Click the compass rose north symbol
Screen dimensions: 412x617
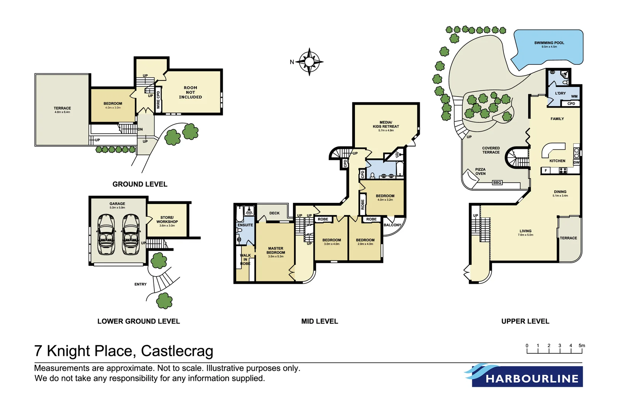pyautogui.click(x=309, y=61)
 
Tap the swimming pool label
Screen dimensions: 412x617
pyautogui.click(x=549, y=43)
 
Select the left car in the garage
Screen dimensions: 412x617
pyautogui.click(x=106, y=234)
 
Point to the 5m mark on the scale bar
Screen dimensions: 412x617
pyautogui.click(x=582, y=346)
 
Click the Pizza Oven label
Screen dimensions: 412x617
pyautogui.click(x=480, y=172)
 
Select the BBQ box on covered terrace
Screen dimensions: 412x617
pyautogui.click(x=497, y=183)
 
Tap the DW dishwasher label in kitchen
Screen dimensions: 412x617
pyautogui.click(x=576, y=163)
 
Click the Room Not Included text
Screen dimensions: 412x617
pyautogui.click(x=190, y=92)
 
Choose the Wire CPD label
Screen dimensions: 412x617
pyautogui.click(x=158, y=100)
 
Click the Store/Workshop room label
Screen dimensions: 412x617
pyautogui.click(x=167, y=220)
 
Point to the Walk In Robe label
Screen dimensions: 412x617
pyautogui.click(x=245, y=259)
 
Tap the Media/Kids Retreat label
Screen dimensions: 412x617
pyautogui.click(x=386, y=125)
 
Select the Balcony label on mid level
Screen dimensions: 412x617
pyautogui.click(x=392, y=225)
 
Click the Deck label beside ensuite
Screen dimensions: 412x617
pyautogui.click(x=274, y=213)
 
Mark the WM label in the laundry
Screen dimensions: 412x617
pyautogui.click(x=574, y=97)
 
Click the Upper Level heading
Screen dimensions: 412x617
pyautogui.click(x=525, y=321)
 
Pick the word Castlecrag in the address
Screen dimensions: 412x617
pyautogui.click(x=177, y=351)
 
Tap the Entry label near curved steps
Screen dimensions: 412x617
pyautogui.click(x=140, y=284)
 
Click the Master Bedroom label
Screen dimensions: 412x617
pyautogui.click(x=275, y=251)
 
